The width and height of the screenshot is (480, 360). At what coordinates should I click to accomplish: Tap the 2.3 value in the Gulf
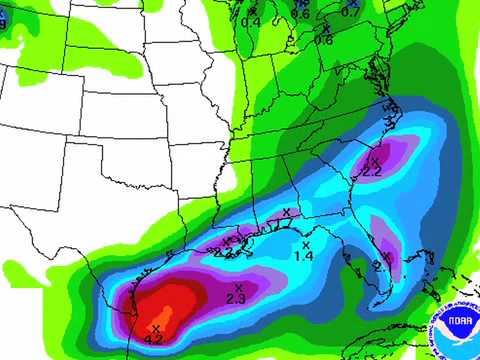(236, 299)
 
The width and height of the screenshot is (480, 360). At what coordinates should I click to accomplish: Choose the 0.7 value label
(351, 12)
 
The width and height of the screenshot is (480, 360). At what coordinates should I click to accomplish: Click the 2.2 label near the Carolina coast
(372, 172)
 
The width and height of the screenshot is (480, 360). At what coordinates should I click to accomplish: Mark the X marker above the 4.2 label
(156, 325)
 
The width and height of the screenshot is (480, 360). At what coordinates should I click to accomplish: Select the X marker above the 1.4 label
(306, 243)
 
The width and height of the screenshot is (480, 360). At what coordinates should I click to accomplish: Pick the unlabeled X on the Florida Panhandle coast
(286, 211)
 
